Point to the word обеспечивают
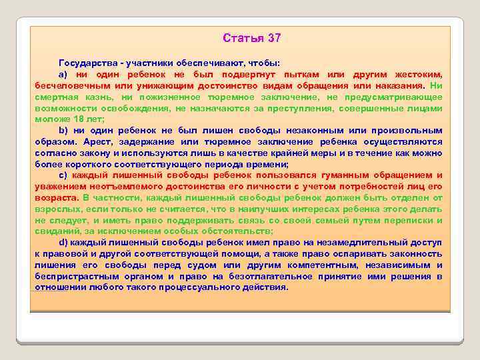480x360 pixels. [x=212, y=61]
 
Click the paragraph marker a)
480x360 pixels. [x=63, y=75]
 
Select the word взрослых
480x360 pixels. [x=56, y=209]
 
